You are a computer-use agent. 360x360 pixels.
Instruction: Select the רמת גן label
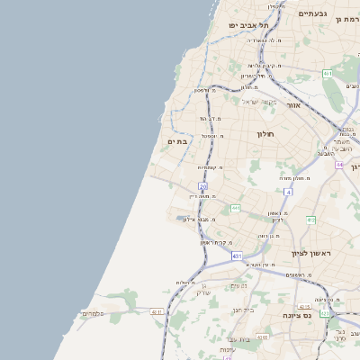pos(346,19)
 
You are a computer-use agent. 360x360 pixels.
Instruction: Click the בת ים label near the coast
pos(176,141)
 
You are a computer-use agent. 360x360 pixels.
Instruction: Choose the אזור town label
pos(293,105)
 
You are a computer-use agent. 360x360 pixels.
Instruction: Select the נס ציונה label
pos(319,315)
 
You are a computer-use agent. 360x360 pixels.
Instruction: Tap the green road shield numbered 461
pos(328,74)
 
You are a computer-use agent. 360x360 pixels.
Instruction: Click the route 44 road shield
pos(339,165)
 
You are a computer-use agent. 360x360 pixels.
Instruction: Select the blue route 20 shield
pos(203,186)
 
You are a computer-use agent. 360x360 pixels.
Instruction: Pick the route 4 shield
pos(288,192)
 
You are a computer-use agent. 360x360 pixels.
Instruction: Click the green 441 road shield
pos(236,208)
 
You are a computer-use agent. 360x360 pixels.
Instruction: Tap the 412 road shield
pos(311,220)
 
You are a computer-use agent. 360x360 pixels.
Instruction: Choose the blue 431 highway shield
pos(237,256)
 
